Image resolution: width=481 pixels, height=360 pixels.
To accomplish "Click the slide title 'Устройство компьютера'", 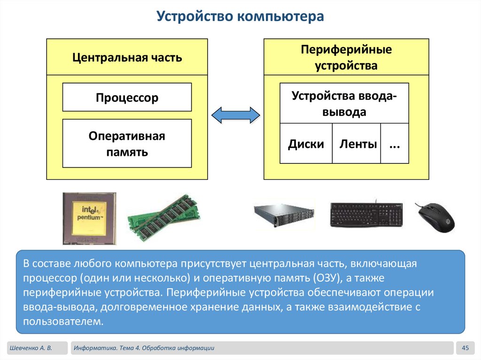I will (240, 17).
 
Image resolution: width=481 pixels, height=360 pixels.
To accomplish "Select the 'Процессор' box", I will (127, 98).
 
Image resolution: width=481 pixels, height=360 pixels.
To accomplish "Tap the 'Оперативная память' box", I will (127, 144).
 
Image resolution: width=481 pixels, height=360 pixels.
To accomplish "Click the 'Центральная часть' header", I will (127, 58).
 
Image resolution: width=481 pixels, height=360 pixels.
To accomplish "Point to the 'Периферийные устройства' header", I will (346, 57).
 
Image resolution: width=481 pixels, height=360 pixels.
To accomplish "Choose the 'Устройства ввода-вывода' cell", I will (344, 104).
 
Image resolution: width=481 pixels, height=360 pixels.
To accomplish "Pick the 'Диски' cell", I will (306, 144).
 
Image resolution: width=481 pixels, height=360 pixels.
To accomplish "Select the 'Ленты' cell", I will (358, 144).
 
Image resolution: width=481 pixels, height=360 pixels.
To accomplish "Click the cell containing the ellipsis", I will (394, 144).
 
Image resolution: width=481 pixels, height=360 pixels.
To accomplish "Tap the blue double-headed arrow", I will (235, 115).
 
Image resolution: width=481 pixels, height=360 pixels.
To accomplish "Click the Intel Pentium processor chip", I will (89, 218).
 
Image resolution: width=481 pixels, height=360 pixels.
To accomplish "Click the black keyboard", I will (366, 215).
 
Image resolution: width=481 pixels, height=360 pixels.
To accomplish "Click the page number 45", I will (465, 348).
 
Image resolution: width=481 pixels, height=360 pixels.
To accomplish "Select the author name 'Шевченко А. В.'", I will (30, 348).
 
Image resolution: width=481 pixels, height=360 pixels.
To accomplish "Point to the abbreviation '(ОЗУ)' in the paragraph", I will (324, 278).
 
